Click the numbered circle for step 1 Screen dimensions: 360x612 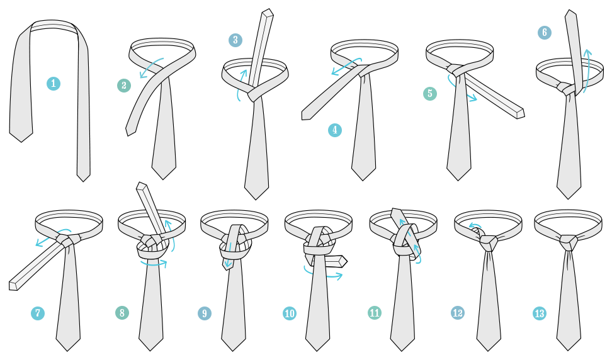54,83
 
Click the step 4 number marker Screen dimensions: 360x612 335,130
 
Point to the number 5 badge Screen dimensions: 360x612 430,94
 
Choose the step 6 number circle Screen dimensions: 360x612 545,32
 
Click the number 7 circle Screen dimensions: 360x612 38,313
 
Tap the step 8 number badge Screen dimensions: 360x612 122,313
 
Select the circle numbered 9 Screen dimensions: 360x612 204,313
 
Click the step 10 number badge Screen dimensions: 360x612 290,313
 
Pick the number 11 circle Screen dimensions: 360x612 375,313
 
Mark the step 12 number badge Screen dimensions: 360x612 458,313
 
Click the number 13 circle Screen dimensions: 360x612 540,313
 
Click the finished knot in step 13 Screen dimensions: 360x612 569,242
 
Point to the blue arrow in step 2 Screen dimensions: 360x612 150,69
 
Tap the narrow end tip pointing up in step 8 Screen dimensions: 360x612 142,187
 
